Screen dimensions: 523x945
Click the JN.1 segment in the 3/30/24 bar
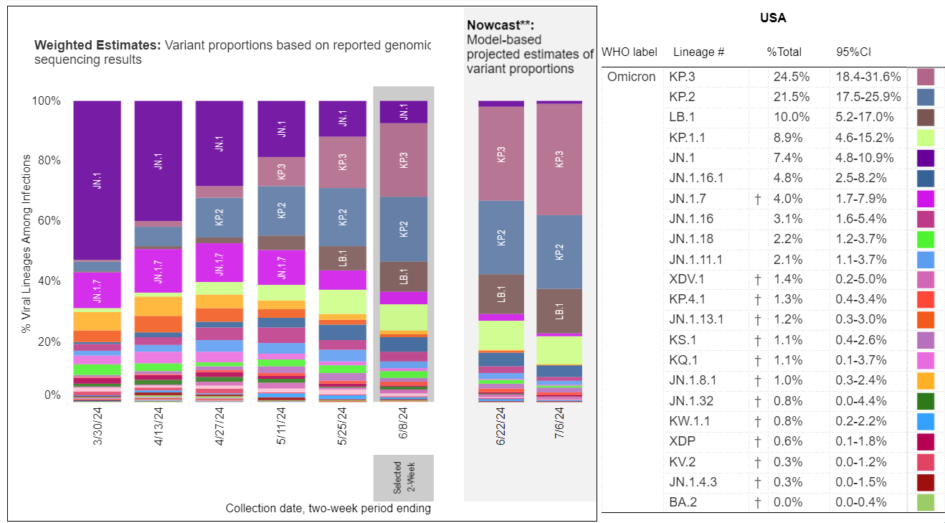(x=97, y=180)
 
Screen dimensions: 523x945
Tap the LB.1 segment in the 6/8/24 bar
(x=403, y=276)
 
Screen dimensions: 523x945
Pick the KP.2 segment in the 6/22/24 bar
(x=501, y=237)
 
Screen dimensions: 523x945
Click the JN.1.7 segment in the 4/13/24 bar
(x=158, y=270)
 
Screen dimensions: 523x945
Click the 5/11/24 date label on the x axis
(x=281, y=426)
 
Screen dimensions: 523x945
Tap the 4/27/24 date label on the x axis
(x=220, y=426)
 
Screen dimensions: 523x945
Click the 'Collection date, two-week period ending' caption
(x=328, y=508)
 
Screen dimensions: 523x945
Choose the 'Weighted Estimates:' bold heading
(x=98, y=45)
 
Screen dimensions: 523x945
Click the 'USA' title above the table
(x=773, y=19)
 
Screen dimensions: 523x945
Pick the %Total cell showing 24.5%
(x=788, y=77)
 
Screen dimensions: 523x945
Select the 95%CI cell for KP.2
(x=868, y=97)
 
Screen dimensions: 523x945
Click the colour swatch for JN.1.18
(x=925, y=239)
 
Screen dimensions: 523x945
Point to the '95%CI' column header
(x=853, y=52)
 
